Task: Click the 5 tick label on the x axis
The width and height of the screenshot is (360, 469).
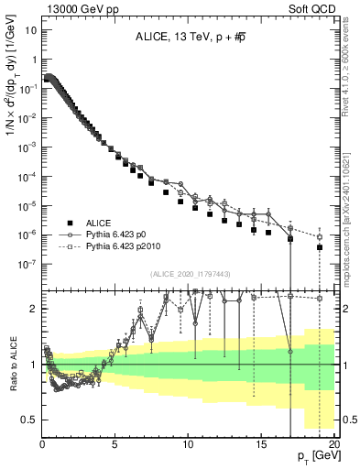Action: tap(115, 442)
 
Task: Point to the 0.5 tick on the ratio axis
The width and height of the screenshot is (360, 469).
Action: tap(29, 420)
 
